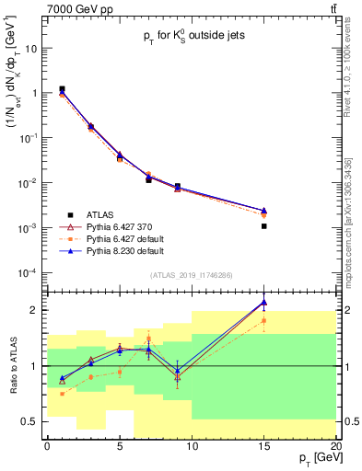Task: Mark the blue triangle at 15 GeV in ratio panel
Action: coord(264,302)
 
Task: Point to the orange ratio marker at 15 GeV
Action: coord(264,321)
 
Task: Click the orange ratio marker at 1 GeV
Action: coord(62,394)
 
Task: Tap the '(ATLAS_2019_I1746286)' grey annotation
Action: coord(192,275)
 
